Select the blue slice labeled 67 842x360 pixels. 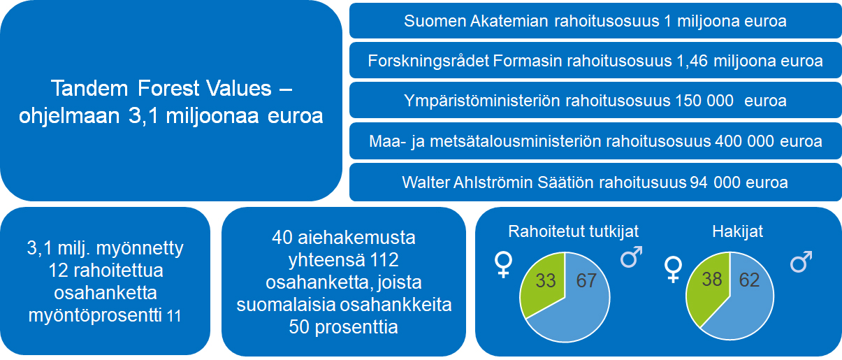(579, 308)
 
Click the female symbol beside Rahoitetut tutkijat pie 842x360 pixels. (503, 265)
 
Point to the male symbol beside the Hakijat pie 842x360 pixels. (801, 261)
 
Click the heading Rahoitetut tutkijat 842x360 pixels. (573, 231)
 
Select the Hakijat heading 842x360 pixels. (737, 231)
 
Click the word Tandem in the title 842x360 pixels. (89, 88)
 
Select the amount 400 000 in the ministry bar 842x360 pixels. (744, 141)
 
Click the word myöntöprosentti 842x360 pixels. (95, 315)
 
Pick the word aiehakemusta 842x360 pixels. (357, 238)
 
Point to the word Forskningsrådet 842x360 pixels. (428, 61)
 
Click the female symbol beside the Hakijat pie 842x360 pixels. (673, 269)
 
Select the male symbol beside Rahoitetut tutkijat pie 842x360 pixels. (631, 257)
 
